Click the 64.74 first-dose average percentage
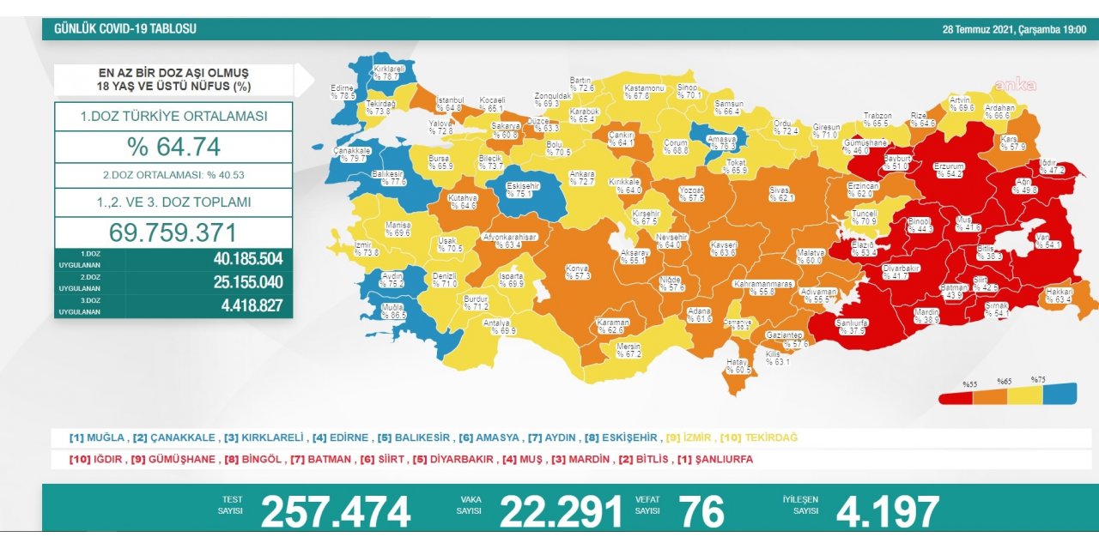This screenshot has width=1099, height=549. (173, 146)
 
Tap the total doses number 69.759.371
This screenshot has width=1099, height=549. (173, 232)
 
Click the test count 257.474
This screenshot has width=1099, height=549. (336, 512)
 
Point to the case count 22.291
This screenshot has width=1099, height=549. (561, 512)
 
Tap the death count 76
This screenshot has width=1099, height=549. (701, 512)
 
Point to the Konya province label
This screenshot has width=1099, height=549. (577, 273)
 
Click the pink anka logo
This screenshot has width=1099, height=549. (1015, 85)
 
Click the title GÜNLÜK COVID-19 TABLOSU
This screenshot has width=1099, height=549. (125, 29)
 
